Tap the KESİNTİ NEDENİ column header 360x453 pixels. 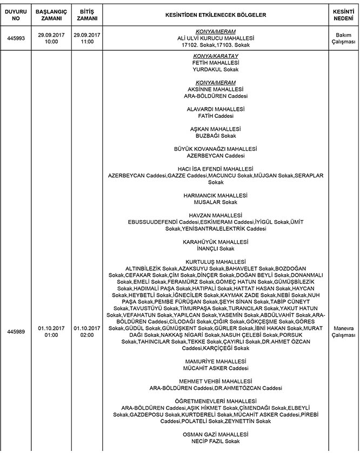(x=343, y=15)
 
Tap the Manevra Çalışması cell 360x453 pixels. (x=343, y=331)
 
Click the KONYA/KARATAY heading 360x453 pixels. (x=215, y=56)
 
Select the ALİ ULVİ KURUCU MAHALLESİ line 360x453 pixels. (x=215, y=39)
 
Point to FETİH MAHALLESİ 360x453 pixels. (x=215, y=63)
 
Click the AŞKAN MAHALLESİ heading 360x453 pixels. (x=215, y=129)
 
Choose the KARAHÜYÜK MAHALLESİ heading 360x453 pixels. (x=215, y=242)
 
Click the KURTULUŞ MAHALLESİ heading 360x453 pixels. (x=215, y=262)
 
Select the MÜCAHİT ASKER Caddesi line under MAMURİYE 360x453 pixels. (x=215, y=368)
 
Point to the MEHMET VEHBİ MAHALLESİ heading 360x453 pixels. (x=215, y=381)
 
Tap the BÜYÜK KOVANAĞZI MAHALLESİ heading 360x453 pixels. (x=215, y=149)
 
